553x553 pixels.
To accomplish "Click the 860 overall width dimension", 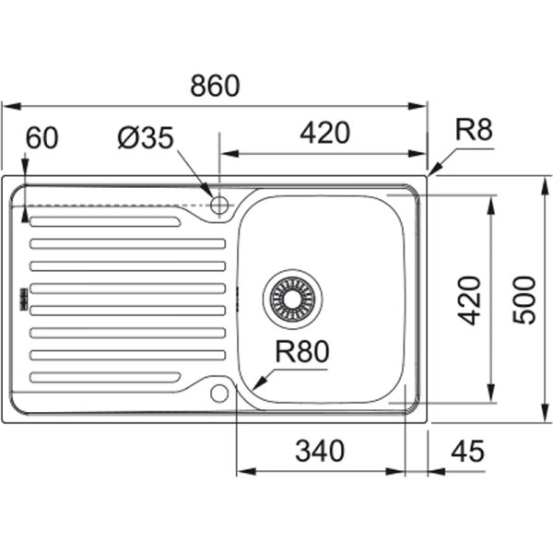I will (x=215, y=86).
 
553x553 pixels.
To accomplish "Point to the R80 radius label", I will (x=301, y=351).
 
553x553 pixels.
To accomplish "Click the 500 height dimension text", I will (x=524, y=300).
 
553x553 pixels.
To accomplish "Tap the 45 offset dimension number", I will (x=468, y=451).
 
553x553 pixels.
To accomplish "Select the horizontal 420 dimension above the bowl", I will (x=324, y=134).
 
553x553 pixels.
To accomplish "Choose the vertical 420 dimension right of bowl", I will (x=470, y=300).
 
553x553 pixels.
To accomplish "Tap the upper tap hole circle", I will (x=219, y=204).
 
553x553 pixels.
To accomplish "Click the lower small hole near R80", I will (x=218, y=394).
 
